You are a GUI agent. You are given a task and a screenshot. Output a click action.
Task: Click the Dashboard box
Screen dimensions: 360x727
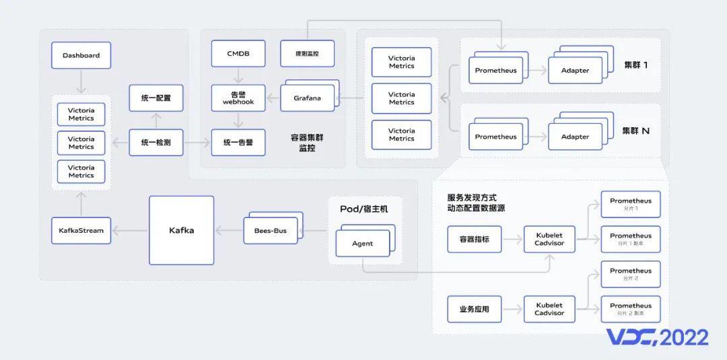[x=81, y=55]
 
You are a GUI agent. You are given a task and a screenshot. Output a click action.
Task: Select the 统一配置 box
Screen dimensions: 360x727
[x=155, y=98]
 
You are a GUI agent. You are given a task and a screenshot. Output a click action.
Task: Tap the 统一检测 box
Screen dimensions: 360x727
[x=155, y=143]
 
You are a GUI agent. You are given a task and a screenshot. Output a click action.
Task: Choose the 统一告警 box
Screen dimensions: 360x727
[x=238, y=143]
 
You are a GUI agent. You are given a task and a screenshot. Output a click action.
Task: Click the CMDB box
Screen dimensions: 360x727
[x=238, y=54]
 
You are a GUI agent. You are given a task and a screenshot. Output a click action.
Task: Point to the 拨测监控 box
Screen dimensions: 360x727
[x=307, y=54]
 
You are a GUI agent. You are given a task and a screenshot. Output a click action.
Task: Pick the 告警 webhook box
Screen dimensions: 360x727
[x=238, y=98]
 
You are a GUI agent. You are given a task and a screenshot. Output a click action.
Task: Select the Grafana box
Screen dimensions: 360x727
[x=307, y=98]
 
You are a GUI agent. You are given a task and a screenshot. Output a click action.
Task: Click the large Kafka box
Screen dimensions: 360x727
[x=181, y=230]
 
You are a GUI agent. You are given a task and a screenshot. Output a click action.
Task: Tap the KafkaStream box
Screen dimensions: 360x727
[x=81, y=230]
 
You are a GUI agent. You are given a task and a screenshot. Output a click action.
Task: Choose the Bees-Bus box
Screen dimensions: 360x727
[x=270, y=231]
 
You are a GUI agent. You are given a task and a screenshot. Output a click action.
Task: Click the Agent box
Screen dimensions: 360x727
[x=362, y=244]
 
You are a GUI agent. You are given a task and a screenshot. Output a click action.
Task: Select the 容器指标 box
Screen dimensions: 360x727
[x=474, y=239]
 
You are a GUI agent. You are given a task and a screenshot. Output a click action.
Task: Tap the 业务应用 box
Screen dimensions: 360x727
[x=474, y=310]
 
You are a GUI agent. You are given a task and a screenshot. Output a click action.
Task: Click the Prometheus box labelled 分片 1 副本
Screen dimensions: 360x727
[x=631, y=239]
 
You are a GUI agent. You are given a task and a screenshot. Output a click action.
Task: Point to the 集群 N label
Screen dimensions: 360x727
[x=635, y=131]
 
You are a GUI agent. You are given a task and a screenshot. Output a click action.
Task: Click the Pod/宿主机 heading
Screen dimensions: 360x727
[x=363, y=209]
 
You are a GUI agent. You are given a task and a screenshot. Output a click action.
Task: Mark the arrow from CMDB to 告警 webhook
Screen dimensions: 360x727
[x=238, y=75]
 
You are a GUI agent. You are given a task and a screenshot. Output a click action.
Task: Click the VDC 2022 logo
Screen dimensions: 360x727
[x=657, y=337]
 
